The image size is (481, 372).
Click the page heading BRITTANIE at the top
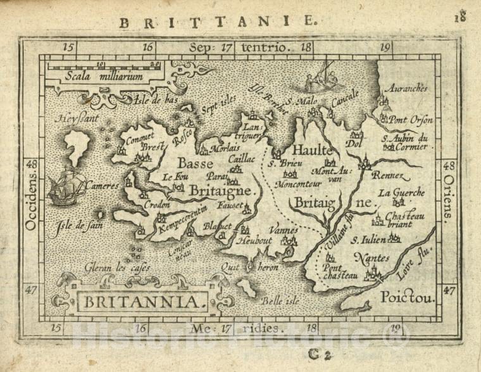(217, 22)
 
